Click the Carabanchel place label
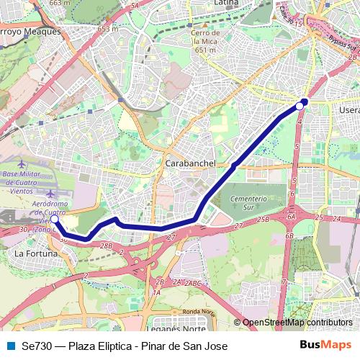pyautogui.click(x=191, y=163)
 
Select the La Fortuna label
pyautogui.click(x=33, y=253)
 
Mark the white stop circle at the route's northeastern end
pyautogui.click(x=300, y=106)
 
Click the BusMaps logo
pyautogui.click(x=325, y=346)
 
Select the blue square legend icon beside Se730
pyautogui.click(x=9, y=346)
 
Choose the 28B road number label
pyautogui.click(x=107, y=246)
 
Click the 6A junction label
pyautogui.click(x=291, y=216)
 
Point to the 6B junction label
pyautogui.click(x=289, y=235)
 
